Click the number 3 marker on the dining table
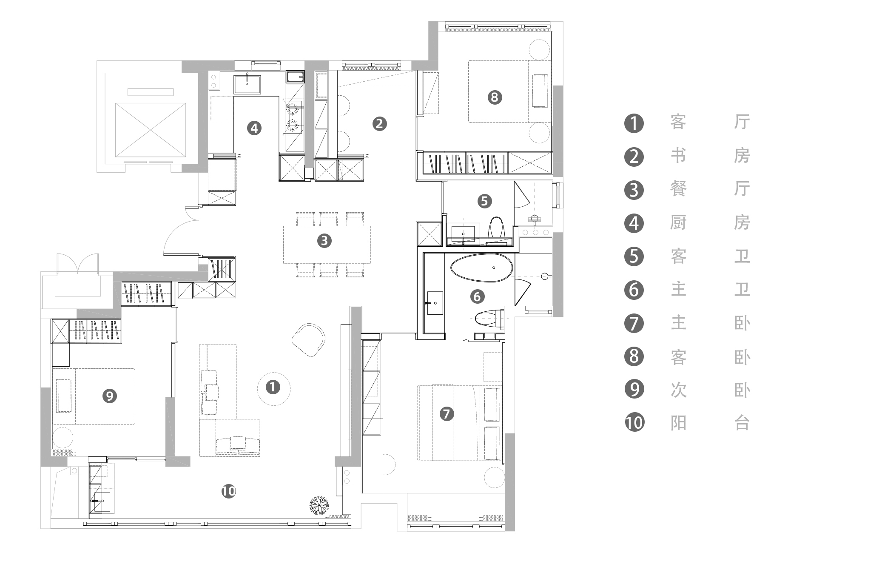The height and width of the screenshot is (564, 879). click(324, 241)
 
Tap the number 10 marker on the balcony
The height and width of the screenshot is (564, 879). click(228, 492)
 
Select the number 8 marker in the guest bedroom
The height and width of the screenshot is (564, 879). click(494, 97)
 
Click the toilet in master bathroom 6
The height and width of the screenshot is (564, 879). click(488, 317)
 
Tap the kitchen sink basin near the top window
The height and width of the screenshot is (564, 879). click(247, 84)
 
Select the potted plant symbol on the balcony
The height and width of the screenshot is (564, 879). click(319, 505)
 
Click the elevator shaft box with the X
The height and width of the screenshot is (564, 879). click(151, 130)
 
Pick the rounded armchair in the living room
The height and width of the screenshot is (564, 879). click(309, 340)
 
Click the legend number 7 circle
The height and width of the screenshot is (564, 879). click(634, 323)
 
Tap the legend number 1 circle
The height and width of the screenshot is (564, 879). click(634, 123)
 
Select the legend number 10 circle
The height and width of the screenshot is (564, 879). click(634, 423)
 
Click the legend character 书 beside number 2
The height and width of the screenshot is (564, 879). click(678, 156)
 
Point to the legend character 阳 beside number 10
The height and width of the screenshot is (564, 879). click(678, 423)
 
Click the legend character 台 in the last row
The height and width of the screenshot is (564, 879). click(742, 423)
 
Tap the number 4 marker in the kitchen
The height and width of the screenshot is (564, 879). click(254, 128)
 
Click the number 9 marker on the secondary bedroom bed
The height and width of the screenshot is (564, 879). click(109, 396)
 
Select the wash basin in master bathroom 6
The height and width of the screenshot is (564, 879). click(435, 303)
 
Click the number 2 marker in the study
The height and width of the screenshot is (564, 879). click(379, 124)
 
